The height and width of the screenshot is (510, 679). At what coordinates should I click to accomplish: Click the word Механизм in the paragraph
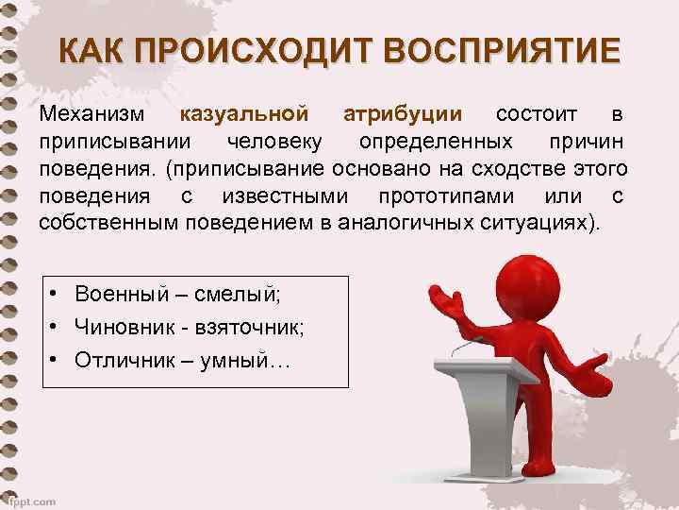pyautogui.click(x=92, y=115)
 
